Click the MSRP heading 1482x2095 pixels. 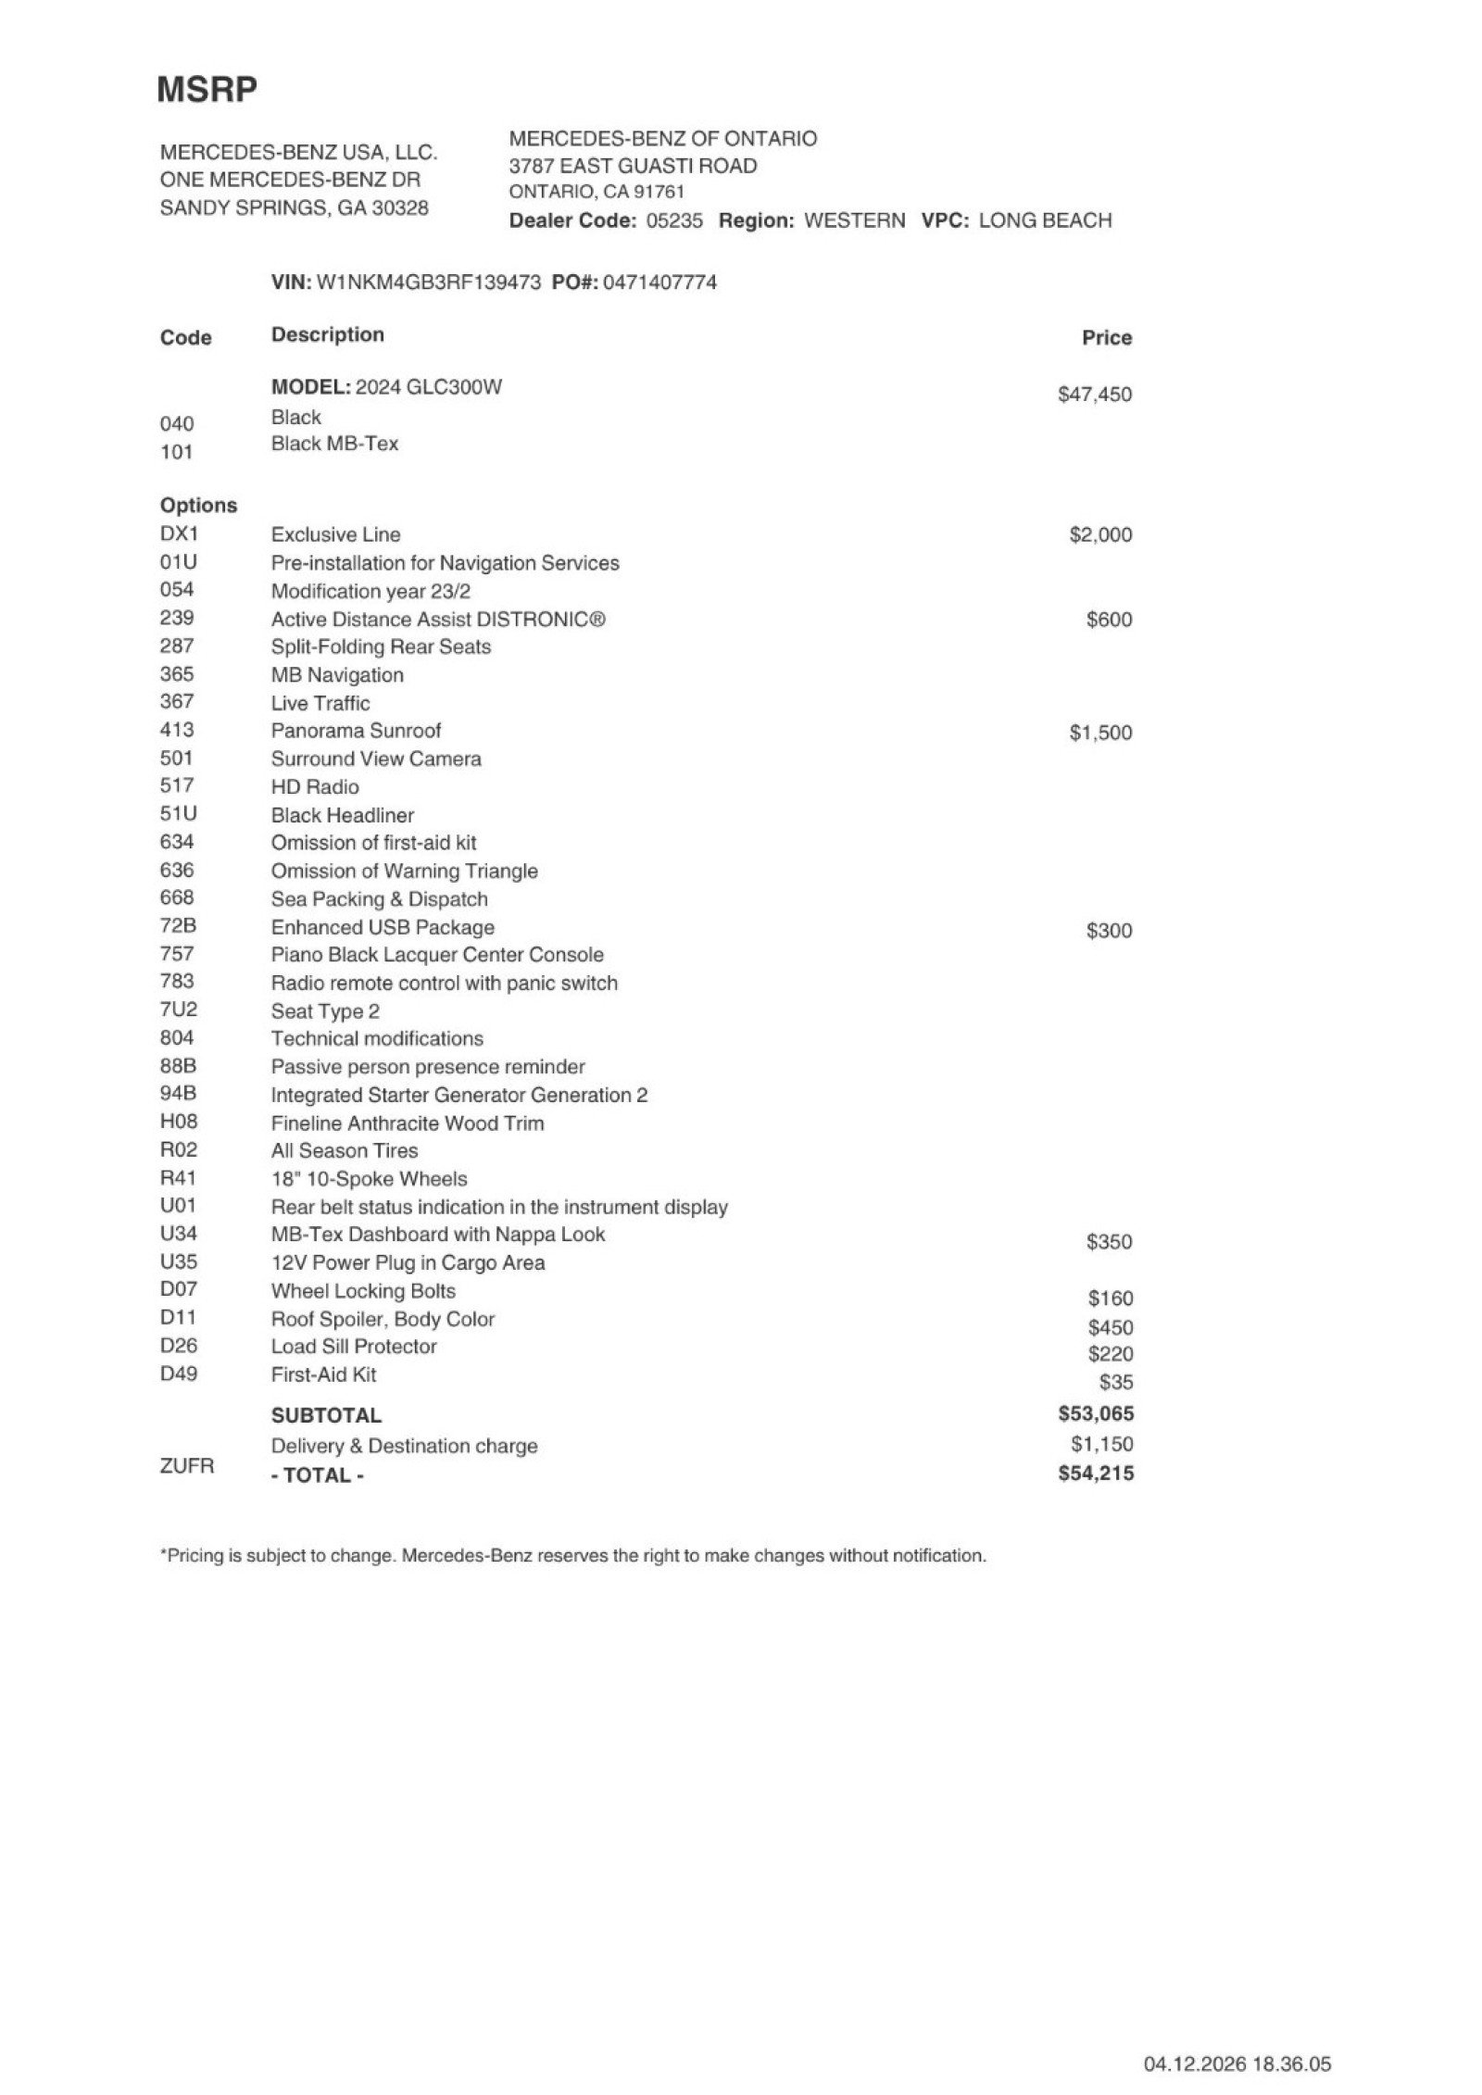coord(207,90)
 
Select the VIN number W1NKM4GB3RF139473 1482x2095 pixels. coord(428,282)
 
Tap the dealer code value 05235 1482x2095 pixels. coord(673,220)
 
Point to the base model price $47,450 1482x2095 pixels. coord(1094,395)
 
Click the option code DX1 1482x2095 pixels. coord(179,533)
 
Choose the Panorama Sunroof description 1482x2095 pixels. coord(356,731)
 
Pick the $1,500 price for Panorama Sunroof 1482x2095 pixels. coord(1099,733)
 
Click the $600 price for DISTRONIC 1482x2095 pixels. coord(1108,620)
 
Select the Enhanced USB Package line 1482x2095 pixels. coord(383,927)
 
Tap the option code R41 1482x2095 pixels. coord(178,1178)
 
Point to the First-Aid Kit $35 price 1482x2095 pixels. coord(1115,1383)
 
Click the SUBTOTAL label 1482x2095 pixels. coord(326,1415)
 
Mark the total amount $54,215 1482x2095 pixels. coord(1095,1474)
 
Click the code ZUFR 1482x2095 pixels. coord(186,1466)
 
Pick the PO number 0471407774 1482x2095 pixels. coord(659,282)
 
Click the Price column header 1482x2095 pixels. coord(1106,338)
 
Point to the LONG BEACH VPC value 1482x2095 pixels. coord(1044,220)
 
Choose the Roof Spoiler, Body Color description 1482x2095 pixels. coord(383,1319)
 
